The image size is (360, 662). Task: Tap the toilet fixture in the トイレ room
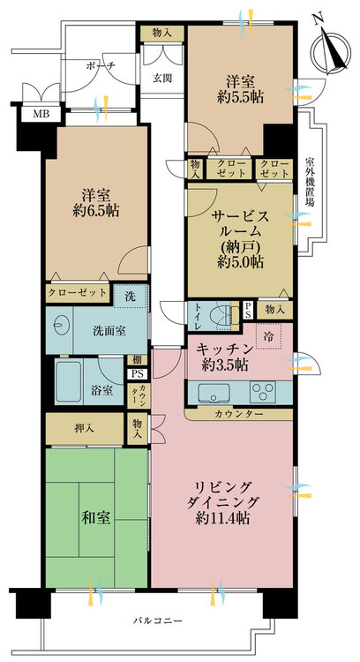[x=228, y=312]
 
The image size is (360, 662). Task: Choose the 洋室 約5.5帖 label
[x=240, y=86]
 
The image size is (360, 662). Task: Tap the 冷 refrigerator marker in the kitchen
[x=268, y=335]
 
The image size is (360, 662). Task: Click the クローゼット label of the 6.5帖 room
[x=79, y=292]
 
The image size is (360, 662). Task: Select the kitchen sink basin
[x=211, y=392]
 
